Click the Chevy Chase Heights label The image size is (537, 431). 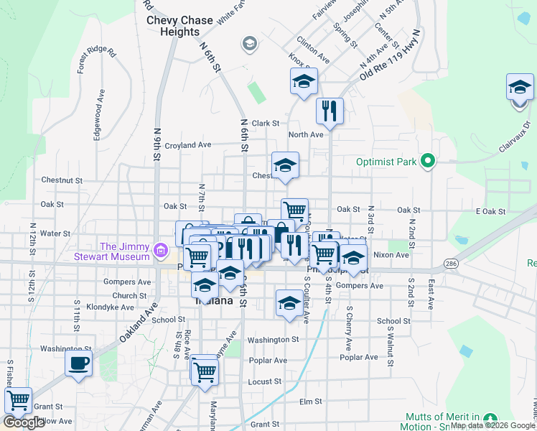coord(179,26)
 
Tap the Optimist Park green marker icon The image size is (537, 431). coord(428,161)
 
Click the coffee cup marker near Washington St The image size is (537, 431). coord(78,363)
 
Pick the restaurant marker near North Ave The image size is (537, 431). coord(330,111)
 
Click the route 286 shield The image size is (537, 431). coord(450,264)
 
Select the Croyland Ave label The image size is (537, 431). coord(187,145)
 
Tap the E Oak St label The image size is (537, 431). coord(490,211)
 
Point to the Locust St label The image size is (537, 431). coord(265,381)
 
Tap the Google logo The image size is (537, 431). coord(24,422)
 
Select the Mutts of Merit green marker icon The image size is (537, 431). coord(490,418)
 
